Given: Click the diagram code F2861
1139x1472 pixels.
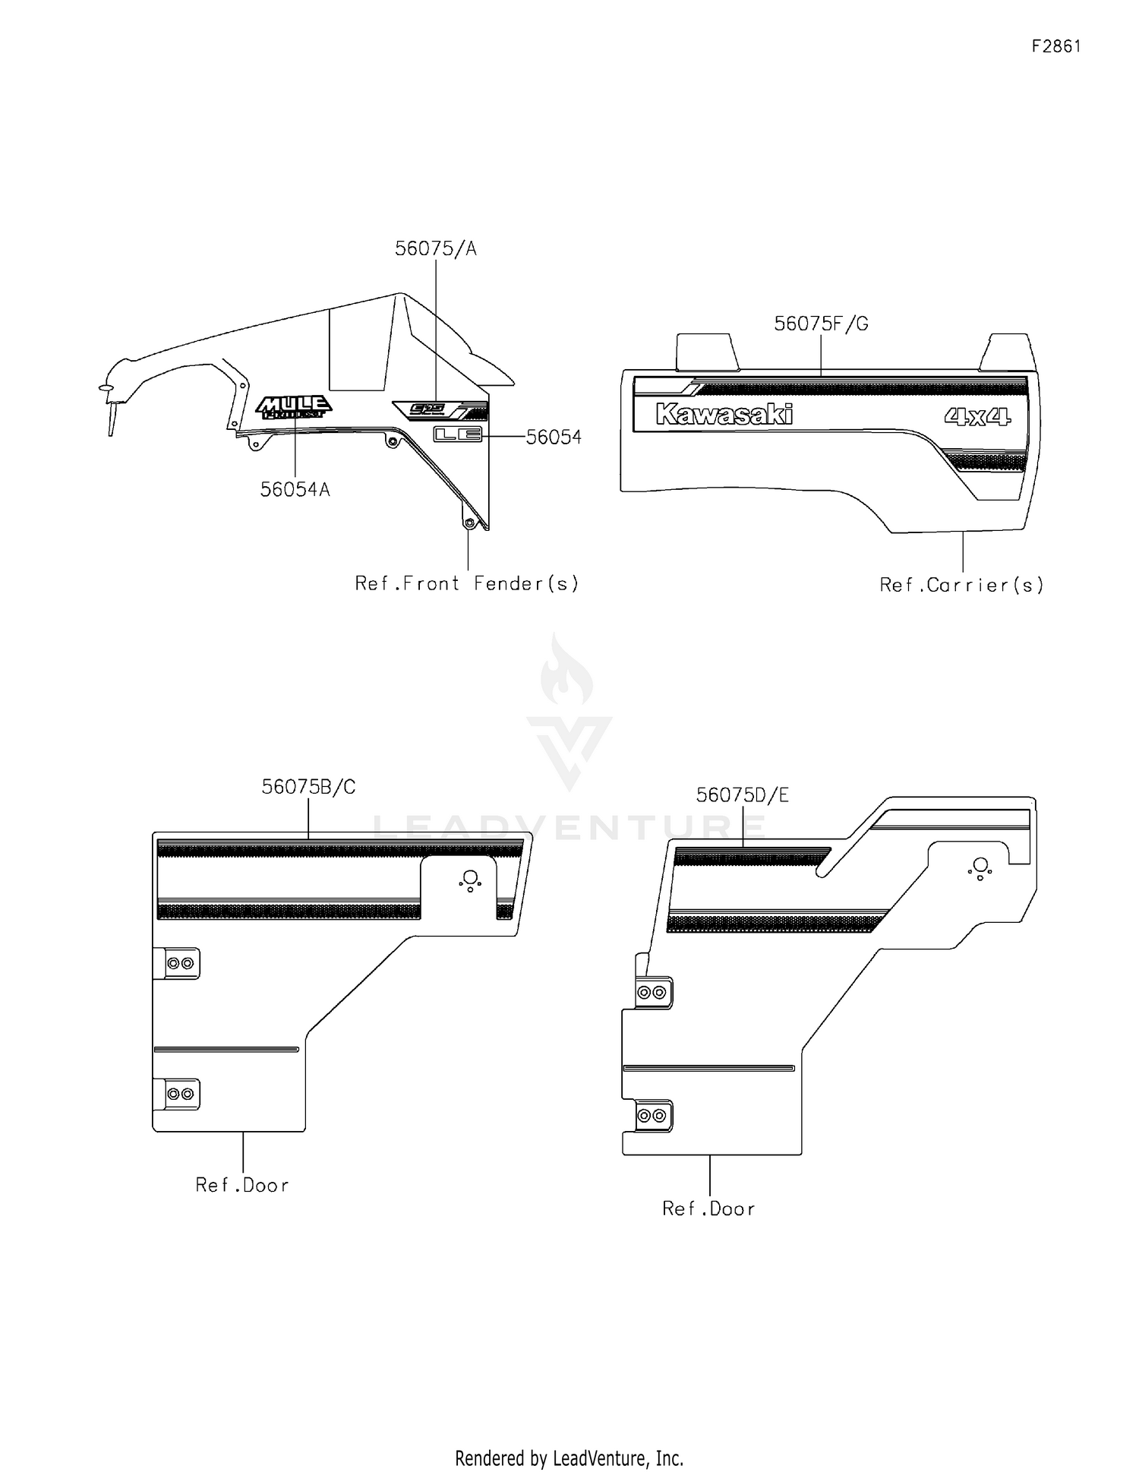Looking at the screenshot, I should click(1055, 46).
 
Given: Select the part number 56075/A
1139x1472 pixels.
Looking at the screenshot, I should click(435, 248).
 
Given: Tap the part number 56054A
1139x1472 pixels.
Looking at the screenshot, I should click(295, 490).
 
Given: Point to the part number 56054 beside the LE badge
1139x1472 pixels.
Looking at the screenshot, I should click(554, 437).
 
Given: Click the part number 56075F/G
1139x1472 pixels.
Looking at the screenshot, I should click(821, 324).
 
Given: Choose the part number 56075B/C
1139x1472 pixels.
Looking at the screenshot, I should click(308, 787).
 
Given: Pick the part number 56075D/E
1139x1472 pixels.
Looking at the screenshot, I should click(742, 795).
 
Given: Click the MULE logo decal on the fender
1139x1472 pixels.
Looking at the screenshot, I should click(293, 407).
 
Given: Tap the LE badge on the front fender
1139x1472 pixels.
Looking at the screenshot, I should click(457, 434).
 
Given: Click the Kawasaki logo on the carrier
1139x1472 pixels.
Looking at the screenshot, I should click(724, 414).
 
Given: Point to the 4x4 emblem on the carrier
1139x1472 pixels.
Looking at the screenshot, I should click(977, 416).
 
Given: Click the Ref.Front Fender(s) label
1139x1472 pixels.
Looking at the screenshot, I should click(467, 583).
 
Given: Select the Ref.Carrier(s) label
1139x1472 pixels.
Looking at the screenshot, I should click(961, 585).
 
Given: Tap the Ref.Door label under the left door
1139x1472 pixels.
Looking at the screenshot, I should click(242, 1185).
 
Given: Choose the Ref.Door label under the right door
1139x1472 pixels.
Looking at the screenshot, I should click(708, 1208).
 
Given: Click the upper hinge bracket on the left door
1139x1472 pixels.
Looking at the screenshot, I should click(179, 963).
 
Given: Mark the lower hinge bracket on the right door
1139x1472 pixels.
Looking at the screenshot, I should click(652, 1116).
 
